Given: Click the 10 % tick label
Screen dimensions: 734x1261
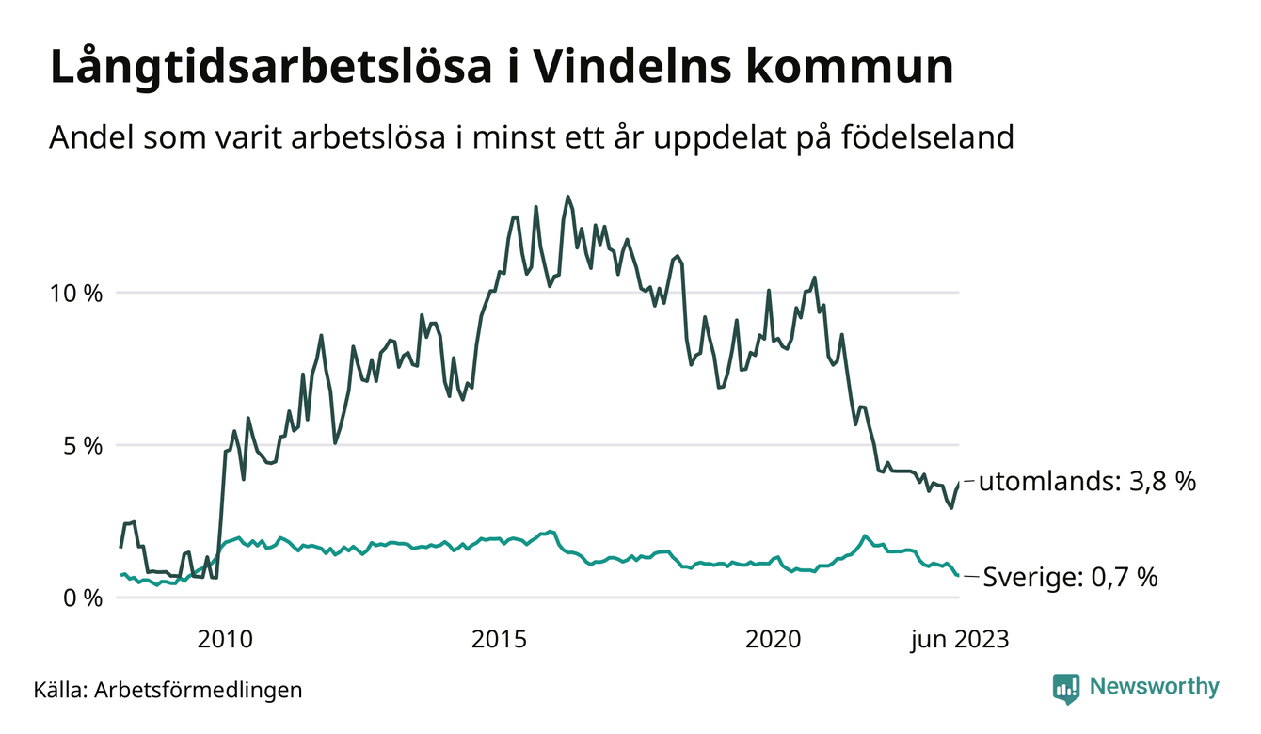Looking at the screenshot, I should (75, 293).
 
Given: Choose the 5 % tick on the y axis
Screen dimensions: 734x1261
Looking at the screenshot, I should (81, 445).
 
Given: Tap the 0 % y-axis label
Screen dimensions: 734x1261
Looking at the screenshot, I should (81, 598).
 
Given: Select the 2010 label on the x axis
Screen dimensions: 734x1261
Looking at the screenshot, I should (225, 640).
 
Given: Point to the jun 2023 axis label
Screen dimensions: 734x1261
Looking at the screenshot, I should (958, 640).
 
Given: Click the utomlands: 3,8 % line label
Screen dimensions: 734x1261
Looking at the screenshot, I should (1087, 482).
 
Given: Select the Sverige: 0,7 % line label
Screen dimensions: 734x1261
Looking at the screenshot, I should (1070, 577).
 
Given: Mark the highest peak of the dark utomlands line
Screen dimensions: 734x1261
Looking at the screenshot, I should (567, 197).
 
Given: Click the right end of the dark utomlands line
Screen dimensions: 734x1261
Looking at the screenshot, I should (959, 482).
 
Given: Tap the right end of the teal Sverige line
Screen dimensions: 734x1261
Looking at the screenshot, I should (959, 576).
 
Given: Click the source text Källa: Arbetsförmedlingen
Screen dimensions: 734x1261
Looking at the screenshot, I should (168, 690).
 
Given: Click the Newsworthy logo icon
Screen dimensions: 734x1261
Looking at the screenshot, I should (1066, 688).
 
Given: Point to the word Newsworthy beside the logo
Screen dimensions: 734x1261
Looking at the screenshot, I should (1155, 687).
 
